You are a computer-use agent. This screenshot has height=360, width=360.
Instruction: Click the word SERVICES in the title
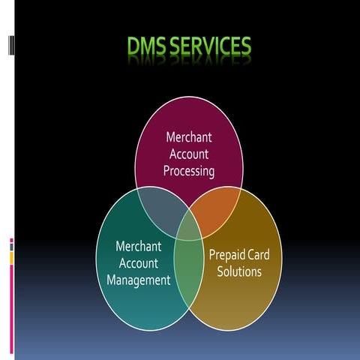pyautogui.click(x=211, y=47)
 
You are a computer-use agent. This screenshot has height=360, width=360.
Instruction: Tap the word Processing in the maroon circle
pyautogui.click(x=189, y=172)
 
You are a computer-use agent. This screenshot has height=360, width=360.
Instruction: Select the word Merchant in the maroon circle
pyautogui.click(x=189, y=138)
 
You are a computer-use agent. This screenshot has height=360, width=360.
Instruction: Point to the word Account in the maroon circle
pyautogui.click(x=189, y=154)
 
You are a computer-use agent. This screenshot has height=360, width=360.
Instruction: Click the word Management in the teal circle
pyautogui.click(x=139, y=280)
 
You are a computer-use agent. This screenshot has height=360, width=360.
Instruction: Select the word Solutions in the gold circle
pyautogui.click(x=239, y=271)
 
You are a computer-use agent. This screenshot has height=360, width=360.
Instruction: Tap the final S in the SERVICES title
pyautogui.click(x=244, y=47)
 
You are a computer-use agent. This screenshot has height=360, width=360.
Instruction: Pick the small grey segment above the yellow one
pyautogui.click(x=11, y=247)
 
